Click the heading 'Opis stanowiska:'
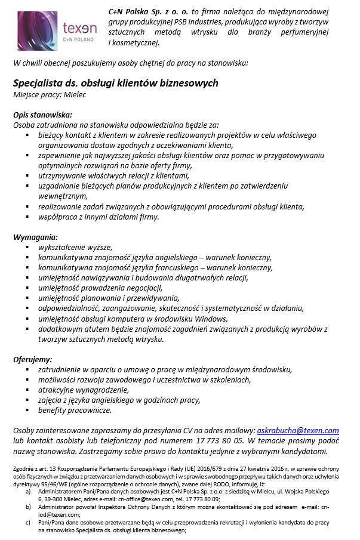(x=42, y=115)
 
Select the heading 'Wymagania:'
(x=36, y=237)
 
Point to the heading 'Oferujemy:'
(x=33, y=359)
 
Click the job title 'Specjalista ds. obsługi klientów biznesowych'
(x=116, y=83)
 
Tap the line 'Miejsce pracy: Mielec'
(x=50, y=95)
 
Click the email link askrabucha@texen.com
(x=297, y=430)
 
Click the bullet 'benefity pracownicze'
(x=75, y=410)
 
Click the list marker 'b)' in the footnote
(x=27, y=505)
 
